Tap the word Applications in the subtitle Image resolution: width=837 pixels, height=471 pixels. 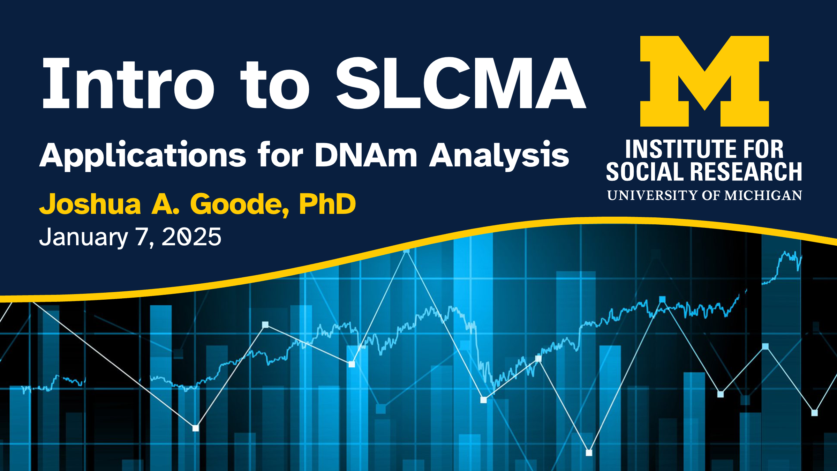point(143,155)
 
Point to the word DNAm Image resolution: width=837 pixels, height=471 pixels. point(366,155)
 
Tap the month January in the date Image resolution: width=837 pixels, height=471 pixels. point(84,237)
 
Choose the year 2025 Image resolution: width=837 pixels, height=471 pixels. point(191,237)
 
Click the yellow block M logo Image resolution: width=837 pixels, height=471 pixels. point(704,81)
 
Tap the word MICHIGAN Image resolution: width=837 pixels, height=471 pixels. point(763,195)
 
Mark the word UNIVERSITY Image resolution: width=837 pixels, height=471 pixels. point(653,195)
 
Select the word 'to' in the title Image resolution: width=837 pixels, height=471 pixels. point(275,85)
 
